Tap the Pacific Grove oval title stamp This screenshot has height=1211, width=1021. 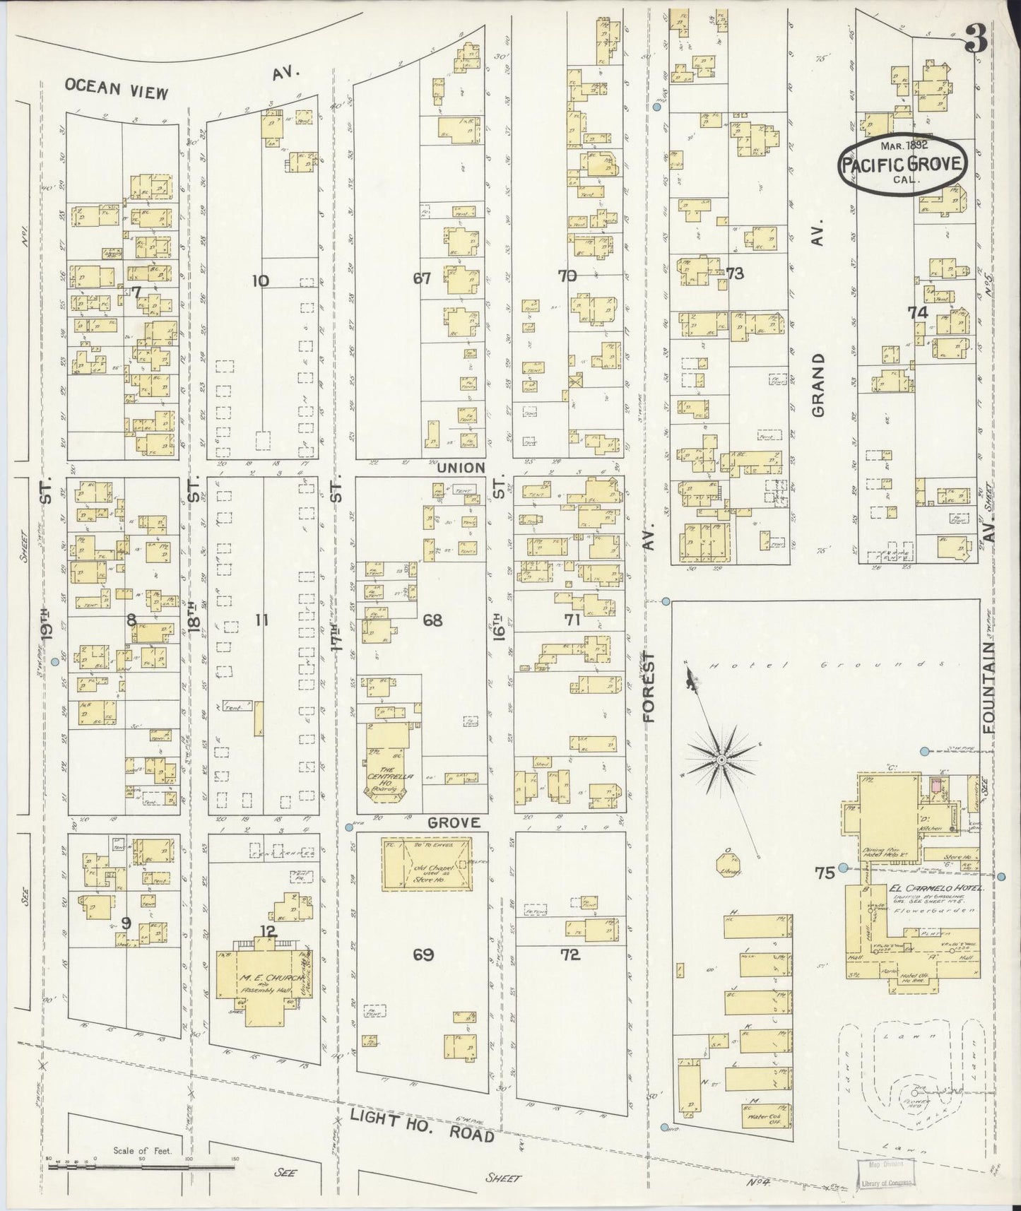click(902, 163)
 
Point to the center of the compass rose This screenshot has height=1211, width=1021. click(721, 760)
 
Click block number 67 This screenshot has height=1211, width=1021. click(422, 279)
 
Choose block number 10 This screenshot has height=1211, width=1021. click(261, 280)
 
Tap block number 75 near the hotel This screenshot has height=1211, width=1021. click(824, 871)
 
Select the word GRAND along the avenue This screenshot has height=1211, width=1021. click(819, 386)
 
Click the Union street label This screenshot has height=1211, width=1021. click(461, 468)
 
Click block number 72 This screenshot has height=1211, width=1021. click(570, 955)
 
